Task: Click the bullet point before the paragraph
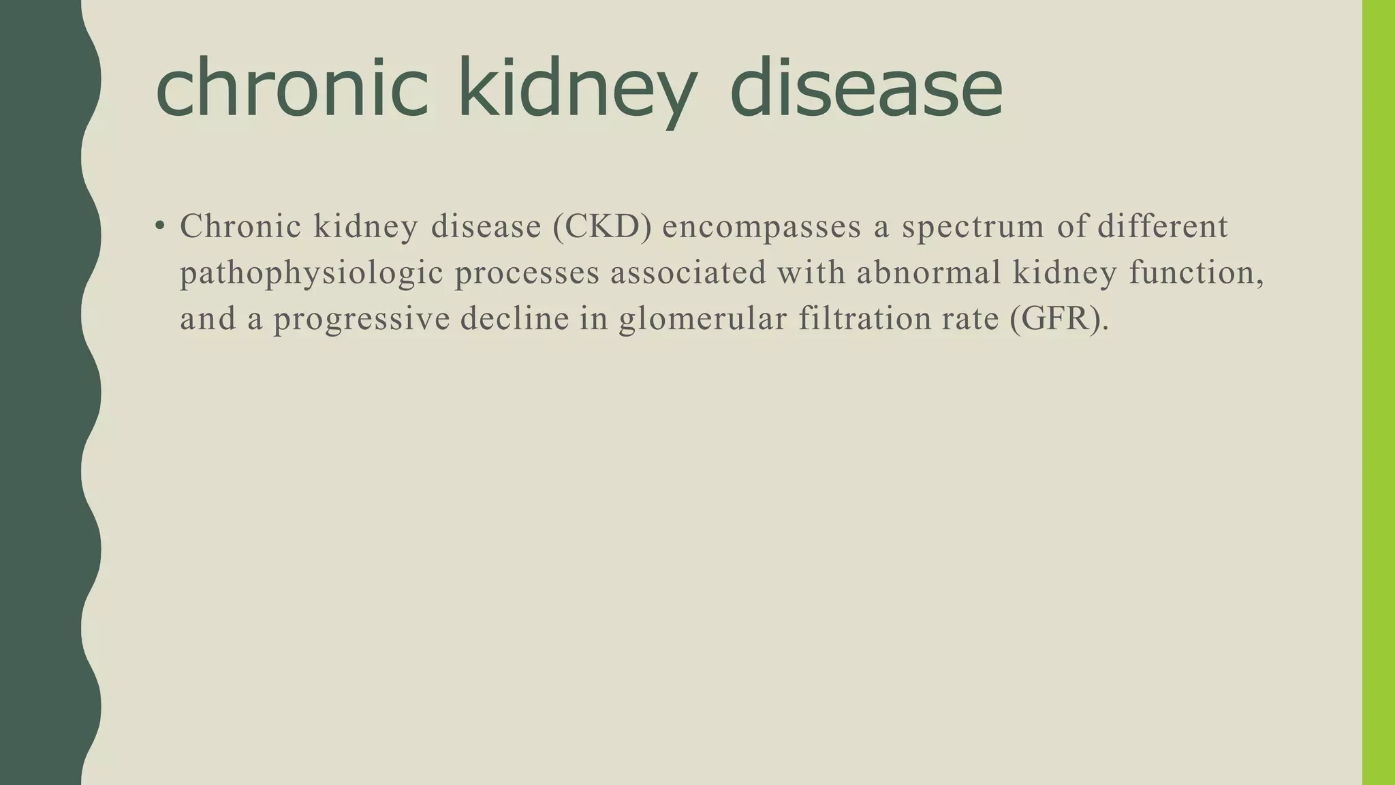(x=159, y=226)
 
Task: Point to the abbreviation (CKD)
(x=602, y=227)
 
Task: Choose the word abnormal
(x=928, y=273)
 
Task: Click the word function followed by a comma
(x=1195, y=273)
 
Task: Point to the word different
(x=1162, y=227)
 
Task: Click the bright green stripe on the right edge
(x=1378, y=392)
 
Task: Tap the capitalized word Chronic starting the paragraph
(x=240, y=227)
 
